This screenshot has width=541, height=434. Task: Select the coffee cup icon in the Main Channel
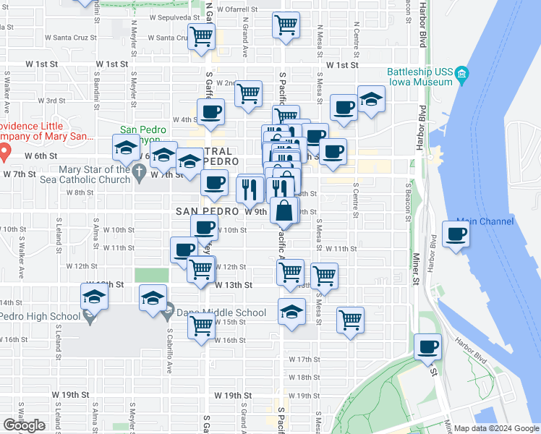tap(456, 234)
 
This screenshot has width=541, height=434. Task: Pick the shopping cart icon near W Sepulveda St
tap(286, 25)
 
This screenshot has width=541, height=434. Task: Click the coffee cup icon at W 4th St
tap(210, 112)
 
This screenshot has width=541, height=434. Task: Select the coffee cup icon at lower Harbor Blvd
tap(428, 346)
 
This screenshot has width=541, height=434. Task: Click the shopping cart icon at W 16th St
tap(200, 325)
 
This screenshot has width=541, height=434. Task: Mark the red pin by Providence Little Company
tap(3, 152)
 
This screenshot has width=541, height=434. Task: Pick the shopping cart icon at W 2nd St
tap(248, 93)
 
